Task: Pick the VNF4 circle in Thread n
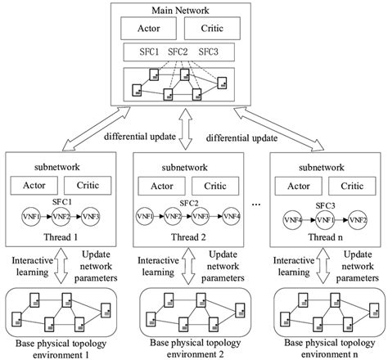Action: pos(292,219)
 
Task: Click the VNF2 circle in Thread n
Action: pos(355,219)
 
